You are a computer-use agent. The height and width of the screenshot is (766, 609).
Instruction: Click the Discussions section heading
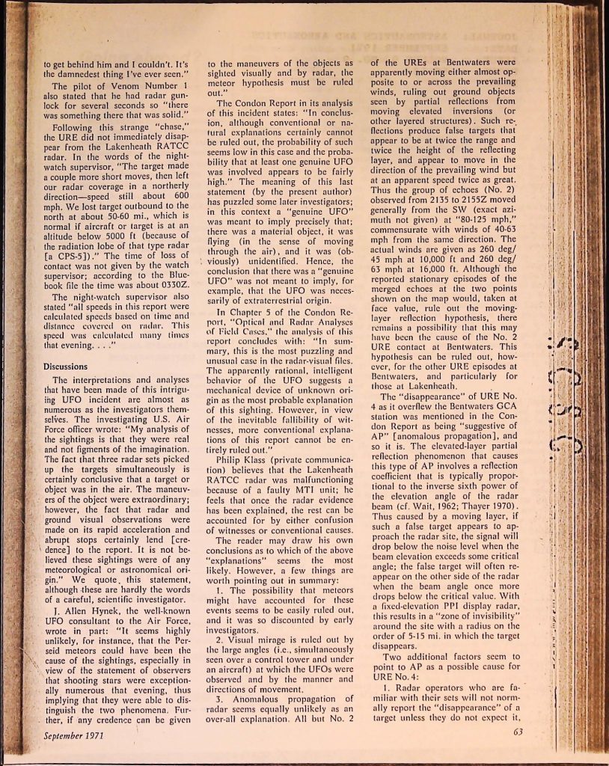point(66,367)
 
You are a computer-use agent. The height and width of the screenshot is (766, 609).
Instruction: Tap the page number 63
point(519,731)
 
